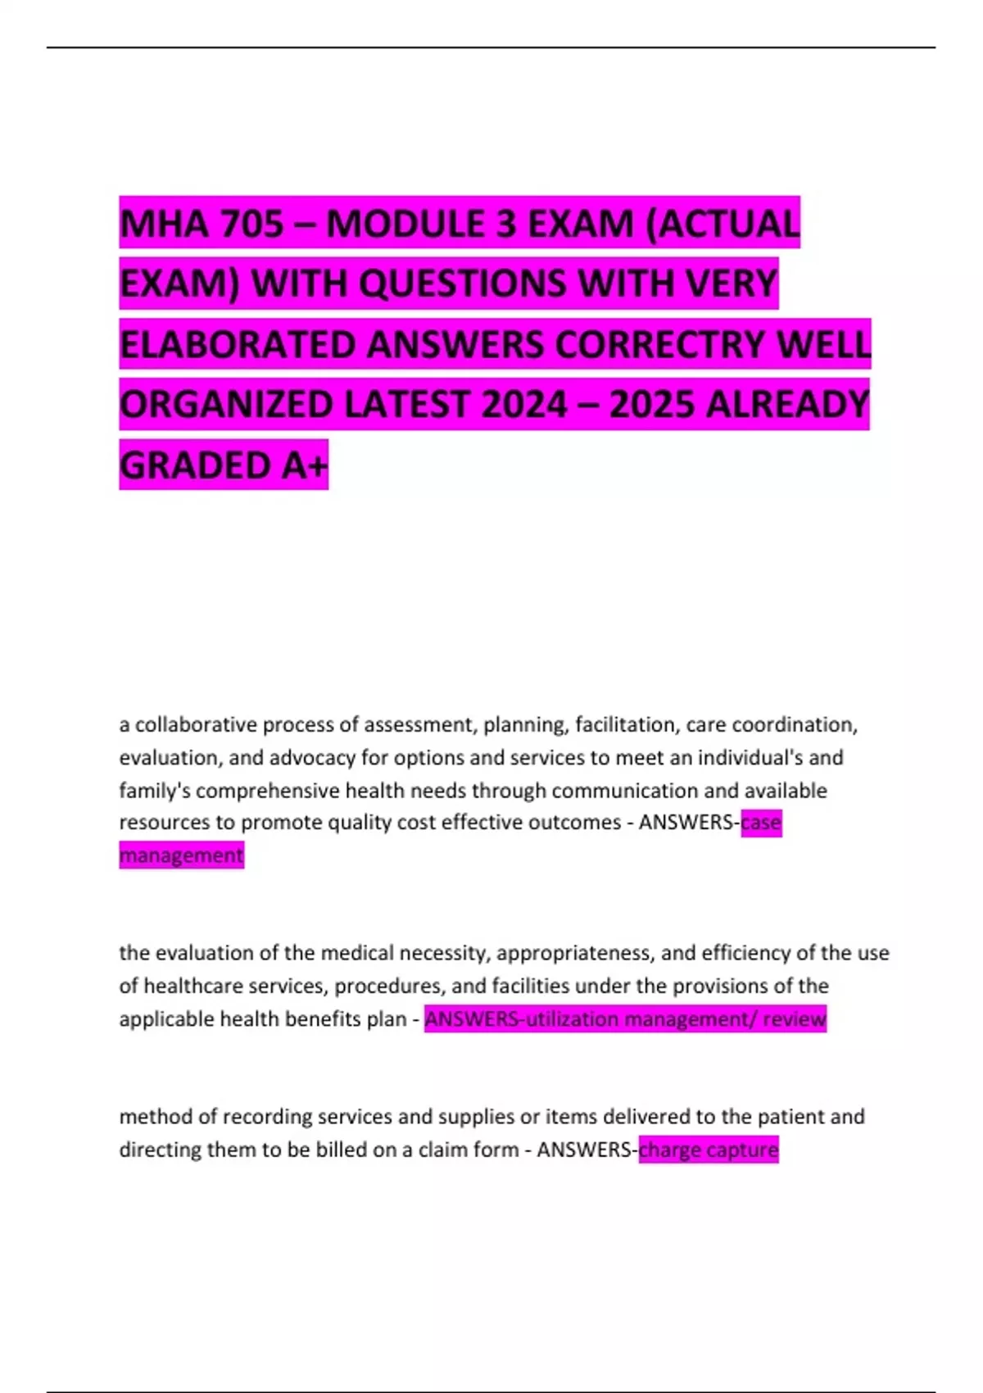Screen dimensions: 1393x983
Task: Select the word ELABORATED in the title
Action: tap(237, 344)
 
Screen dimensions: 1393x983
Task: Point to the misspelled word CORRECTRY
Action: tap(659, 344)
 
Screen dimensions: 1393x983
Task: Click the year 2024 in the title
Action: tap(524, 404)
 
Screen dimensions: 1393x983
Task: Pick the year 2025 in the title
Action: tap(652, 404)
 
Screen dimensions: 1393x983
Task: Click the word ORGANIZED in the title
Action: tap(226, 404)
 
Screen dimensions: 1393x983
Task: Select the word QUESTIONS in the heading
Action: tap(462, 284)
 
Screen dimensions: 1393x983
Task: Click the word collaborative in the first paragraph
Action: tap(193, 725)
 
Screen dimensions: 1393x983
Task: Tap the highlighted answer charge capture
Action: tap(709, 1150)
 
